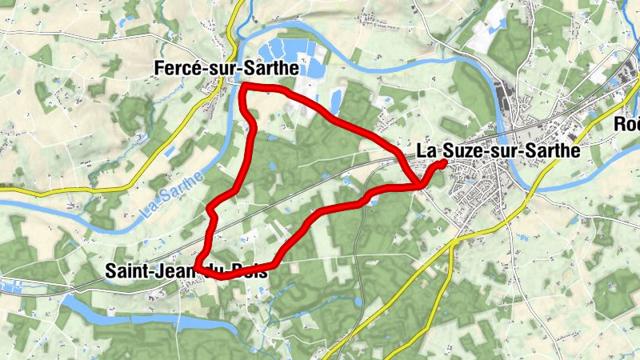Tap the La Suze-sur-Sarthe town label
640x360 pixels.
(497, 150)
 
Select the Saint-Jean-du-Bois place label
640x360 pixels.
(186, 271)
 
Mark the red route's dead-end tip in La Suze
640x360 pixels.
(444, 162)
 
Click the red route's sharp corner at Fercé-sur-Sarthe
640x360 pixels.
(242, 86)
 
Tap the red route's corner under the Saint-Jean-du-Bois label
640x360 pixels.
(196, 270)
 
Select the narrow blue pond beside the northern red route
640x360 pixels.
(334, 98)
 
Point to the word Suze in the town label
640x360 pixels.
(468, 150)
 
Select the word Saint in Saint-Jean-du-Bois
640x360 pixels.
(126, 271)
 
